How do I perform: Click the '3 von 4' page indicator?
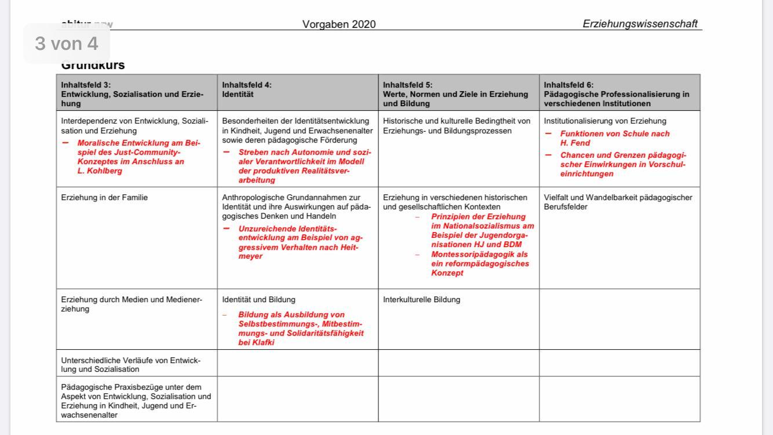(67, 43)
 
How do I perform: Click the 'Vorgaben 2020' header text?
(339, 24)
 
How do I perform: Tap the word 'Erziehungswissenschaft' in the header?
(640, 24)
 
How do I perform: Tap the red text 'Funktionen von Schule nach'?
(615, 134)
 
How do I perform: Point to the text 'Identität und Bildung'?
(258, 300)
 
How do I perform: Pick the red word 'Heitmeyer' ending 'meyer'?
(250, 256)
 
